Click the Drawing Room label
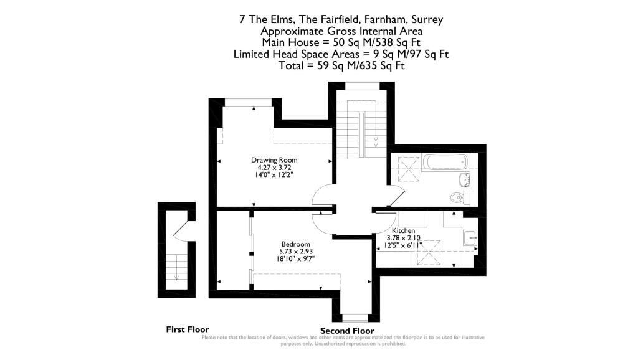274,160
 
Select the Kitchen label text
403,230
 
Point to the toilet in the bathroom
459,197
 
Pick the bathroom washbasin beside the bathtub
464,179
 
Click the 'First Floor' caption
188,329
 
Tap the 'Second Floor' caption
347,331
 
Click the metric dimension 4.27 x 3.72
274,167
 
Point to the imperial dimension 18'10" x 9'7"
296,258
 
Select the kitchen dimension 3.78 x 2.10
403,238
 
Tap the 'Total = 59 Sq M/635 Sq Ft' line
341,65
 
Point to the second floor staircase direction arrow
376,141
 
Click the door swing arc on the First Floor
180,228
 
